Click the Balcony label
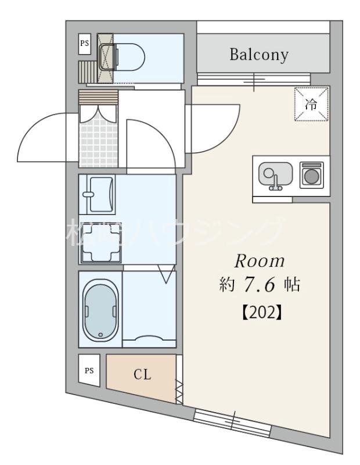click(259, 55)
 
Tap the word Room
click(259, 261)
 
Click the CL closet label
click(143, 374)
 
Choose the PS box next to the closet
click(89, 370)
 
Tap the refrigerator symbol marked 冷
click(312, 104)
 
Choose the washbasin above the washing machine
click(99, 194)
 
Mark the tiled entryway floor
click(98, 142)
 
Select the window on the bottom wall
click(232, 420)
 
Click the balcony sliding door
click(253, 80)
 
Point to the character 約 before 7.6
click(226, 285)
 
